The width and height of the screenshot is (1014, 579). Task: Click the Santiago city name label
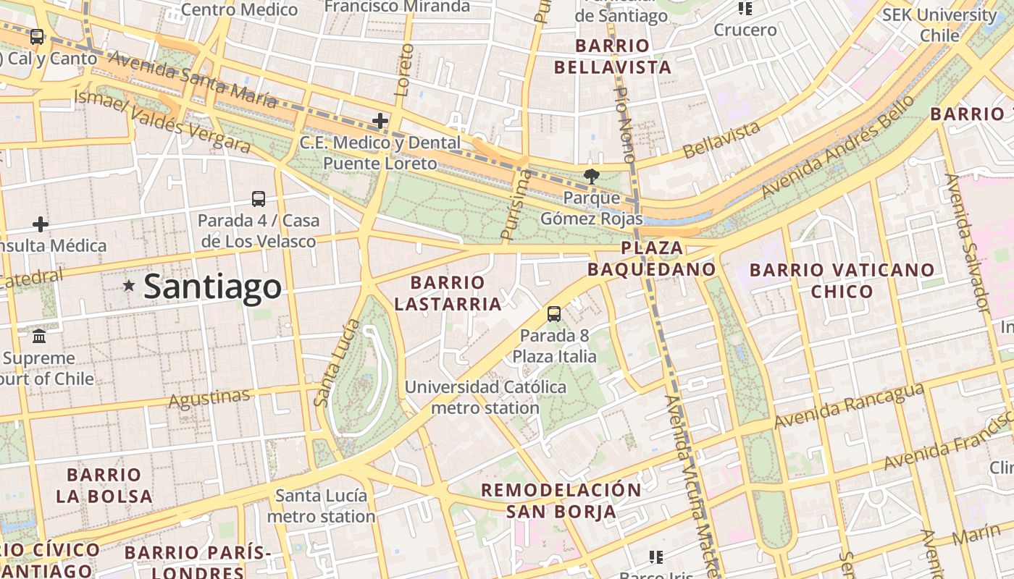pos(212,287)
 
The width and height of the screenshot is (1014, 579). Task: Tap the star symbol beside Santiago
pos(129,286)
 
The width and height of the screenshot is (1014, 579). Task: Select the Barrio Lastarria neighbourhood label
pos(448,293)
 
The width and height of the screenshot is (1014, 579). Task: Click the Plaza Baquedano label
pos(651,258)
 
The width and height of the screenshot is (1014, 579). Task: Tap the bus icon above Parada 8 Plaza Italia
pos(554,313)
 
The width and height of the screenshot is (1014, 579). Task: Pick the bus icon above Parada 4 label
pos(259,198)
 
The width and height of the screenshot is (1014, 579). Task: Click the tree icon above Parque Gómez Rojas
pos(592,176)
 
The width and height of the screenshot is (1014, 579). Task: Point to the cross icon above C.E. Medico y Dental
pos(380,121)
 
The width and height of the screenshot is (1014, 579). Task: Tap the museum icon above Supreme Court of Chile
pos(39,337)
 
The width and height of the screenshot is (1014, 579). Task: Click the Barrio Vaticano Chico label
pos(842,281)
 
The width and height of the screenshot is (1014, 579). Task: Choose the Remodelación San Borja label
pos(561,500)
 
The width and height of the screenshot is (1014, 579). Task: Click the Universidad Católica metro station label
pos(485,397)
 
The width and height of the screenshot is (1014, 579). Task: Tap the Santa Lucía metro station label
pos(321,506)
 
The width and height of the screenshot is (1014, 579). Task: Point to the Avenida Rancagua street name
pos(849,405)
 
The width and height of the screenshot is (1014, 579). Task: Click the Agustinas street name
pos(209,398)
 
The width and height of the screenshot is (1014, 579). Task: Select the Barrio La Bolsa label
pos(104,486)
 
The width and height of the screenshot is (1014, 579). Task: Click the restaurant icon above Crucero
pos(745,9)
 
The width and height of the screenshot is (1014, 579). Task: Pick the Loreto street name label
pos(406,70)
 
